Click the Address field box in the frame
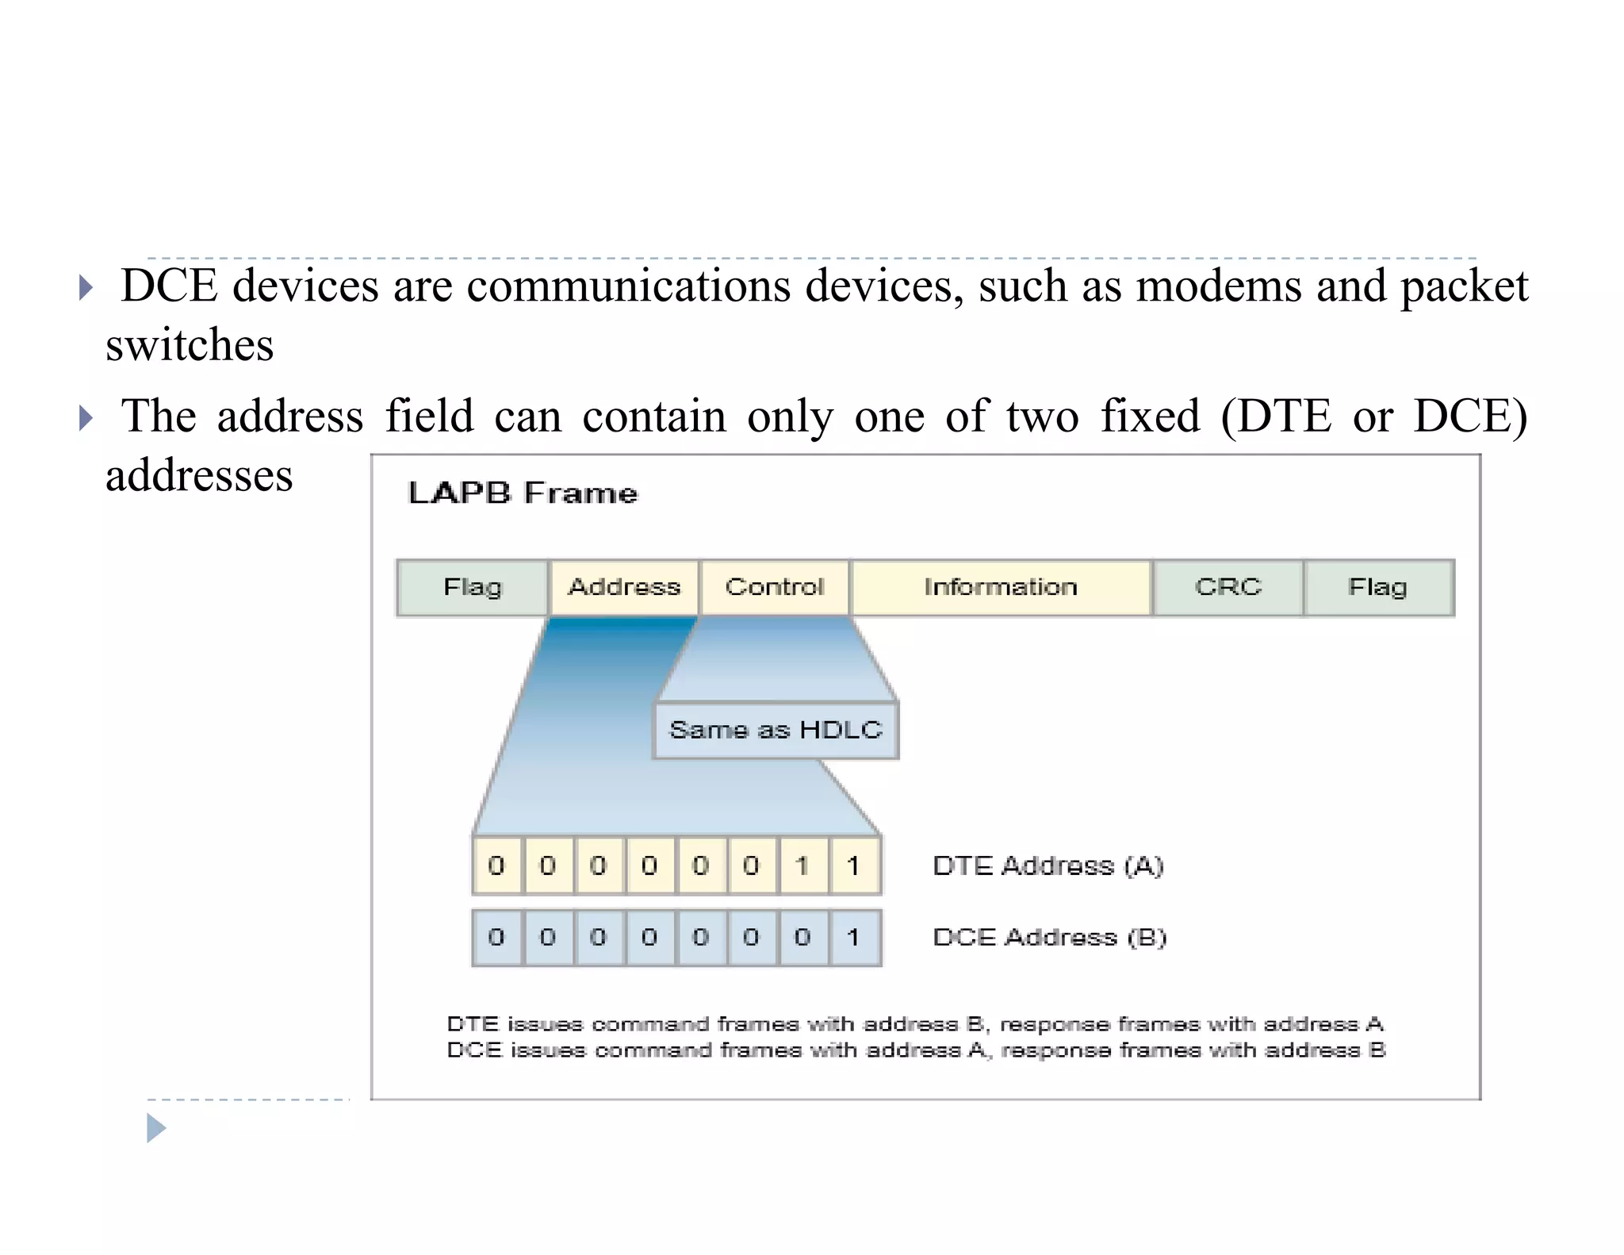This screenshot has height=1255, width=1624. pos(624,588)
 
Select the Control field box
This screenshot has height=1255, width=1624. pos(775,588)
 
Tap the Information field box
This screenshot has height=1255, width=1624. pos(1001,588)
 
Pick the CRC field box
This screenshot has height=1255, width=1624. pos(1228,588)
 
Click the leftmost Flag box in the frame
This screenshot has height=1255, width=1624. pos(473,588)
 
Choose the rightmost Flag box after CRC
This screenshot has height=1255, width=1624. pos(1378,588)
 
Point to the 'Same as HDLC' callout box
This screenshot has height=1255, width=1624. pos(776,730)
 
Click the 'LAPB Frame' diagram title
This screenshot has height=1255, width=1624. pos(523,493)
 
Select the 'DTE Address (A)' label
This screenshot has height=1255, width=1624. pos(1048,865)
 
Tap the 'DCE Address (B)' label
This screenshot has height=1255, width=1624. pos(1049,938)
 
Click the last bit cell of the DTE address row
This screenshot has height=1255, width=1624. pos(854,865)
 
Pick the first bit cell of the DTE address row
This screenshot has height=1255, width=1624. pos(497,865)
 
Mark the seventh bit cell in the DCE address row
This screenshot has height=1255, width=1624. pos(803,938)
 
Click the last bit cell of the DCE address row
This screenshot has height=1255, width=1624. pos(854,938)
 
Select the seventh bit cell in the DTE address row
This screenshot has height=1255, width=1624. pos(803,865)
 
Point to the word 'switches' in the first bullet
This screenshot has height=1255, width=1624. pos(190,346)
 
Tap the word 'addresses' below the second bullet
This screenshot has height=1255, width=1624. pos(200,476)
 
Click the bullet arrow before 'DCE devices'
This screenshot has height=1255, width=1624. pos(86,287)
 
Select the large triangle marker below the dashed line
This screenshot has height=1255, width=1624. pos(156,1128)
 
